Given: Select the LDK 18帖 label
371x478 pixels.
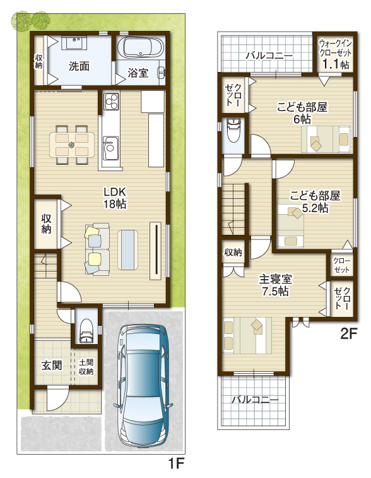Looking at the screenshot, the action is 115,198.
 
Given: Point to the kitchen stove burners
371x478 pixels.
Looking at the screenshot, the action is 111,101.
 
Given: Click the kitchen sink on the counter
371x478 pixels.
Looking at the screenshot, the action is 111,148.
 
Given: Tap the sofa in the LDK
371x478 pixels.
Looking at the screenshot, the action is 97,249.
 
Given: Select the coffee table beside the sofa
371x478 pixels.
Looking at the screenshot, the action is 128,249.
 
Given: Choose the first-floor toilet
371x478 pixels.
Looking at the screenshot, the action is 86,331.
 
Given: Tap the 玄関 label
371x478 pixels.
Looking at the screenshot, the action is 52,365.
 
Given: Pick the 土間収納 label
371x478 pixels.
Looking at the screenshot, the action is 86,367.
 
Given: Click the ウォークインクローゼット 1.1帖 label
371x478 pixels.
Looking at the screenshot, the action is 336,54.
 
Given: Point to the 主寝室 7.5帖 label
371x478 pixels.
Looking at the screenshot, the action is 275,285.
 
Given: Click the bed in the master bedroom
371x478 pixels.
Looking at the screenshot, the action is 247,335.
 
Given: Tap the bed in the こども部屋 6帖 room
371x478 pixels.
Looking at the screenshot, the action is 326,139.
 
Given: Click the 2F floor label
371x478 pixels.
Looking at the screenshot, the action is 348,334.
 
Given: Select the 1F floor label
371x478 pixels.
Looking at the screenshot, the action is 177,464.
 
